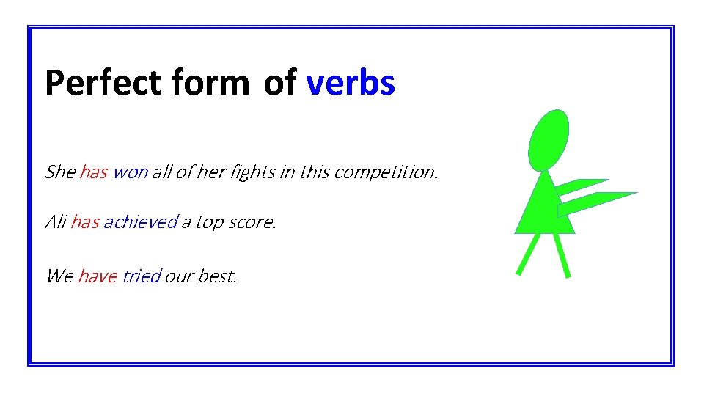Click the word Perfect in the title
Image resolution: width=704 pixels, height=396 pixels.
(x=103, y=83)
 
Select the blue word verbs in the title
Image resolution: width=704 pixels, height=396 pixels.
(x=351, y=83)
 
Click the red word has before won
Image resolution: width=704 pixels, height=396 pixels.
(x=94, y=172)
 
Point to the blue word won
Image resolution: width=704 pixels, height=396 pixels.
(x=131, y=172)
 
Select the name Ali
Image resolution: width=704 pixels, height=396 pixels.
(x=56, y=221)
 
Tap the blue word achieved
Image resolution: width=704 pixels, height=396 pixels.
(x=141, y=221)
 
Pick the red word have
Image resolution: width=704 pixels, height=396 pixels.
(x=98, y=276)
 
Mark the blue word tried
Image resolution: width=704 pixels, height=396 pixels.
(x=142, y=276)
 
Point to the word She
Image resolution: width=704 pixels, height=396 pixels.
(x=60, y=172)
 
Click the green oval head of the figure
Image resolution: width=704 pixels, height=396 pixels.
(x=549, y=139)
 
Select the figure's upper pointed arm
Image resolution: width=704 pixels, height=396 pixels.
(x=582, y=186)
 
